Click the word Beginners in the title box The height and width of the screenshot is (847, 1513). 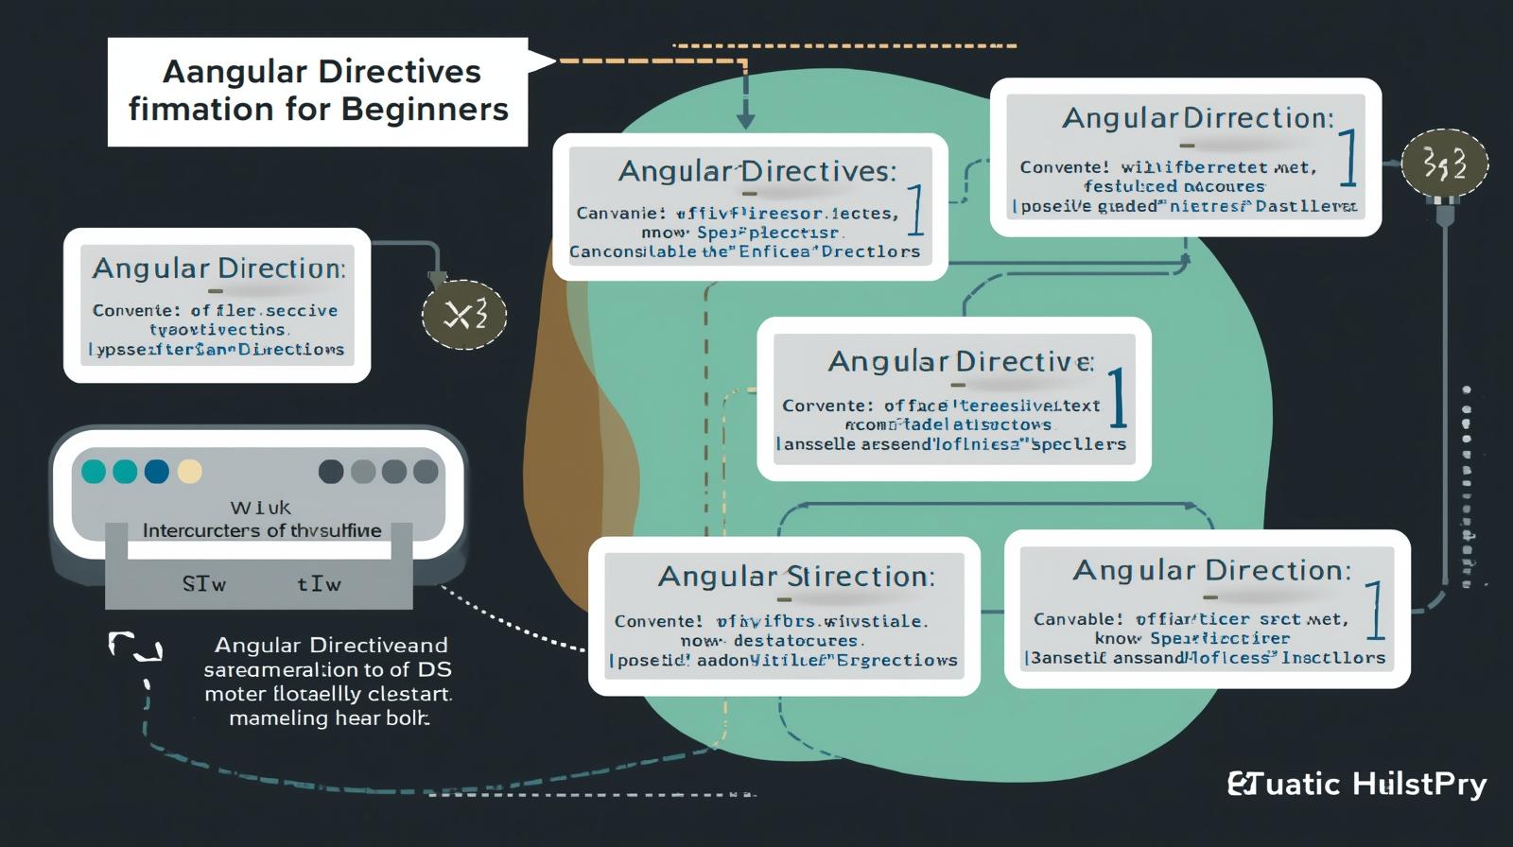425,110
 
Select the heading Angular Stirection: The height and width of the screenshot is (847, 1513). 796,577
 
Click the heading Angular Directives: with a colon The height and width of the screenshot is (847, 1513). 756,171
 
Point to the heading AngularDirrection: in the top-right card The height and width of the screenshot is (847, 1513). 1197,118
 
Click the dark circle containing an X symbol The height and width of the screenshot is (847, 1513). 463,315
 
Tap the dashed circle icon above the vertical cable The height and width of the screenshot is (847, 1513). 1444,164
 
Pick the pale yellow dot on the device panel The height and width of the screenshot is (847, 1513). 190,471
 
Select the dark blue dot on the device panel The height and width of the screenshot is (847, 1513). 156,471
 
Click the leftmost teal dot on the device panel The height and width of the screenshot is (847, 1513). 94,471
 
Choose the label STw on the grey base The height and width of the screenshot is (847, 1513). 204,584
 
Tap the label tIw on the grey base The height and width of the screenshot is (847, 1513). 319,584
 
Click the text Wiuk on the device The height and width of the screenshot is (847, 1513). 261,508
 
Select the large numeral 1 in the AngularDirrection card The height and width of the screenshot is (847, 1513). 1348,158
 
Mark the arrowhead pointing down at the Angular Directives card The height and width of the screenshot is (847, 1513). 745,120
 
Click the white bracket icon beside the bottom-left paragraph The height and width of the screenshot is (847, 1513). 134,648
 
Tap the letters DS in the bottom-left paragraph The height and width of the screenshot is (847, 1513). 433,670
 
